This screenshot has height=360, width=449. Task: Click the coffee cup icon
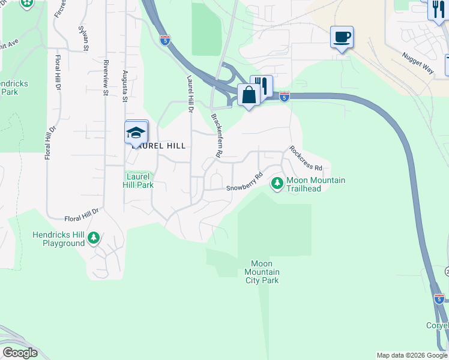coord(342,37)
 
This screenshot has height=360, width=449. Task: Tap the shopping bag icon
coord(249,95)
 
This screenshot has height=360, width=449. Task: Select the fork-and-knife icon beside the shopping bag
coord(262,85)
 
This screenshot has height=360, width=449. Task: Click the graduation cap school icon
coord(136,133)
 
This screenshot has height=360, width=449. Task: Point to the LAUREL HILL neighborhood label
coord(158,146)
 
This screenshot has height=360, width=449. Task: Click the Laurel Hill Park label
coord(139,181)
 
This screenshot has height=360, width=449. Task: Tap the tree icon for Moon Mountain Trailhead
coord(277,183)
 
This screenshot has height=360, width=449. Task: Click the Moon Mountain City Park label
coord(262,272)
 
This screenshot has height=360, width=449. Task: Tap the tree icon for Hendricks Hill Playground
coord(93,238)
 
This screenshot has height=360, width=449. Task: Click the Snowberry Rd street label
coord(245,183)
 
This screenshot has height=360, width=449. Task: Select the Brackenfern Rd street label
coord(217,136)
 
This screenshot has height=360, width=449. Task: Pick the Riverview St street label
coord(105,77)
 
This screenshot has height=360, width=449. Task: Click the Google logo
coord(20,353)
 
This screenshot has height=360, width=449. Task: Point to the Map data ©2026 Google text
coord(412,355)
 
